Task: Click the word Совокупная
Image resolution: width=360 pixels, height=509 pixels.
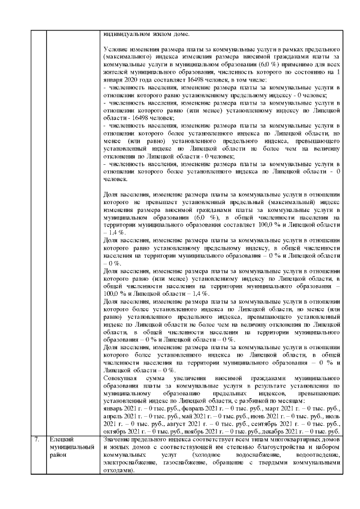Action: (122, 377)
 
